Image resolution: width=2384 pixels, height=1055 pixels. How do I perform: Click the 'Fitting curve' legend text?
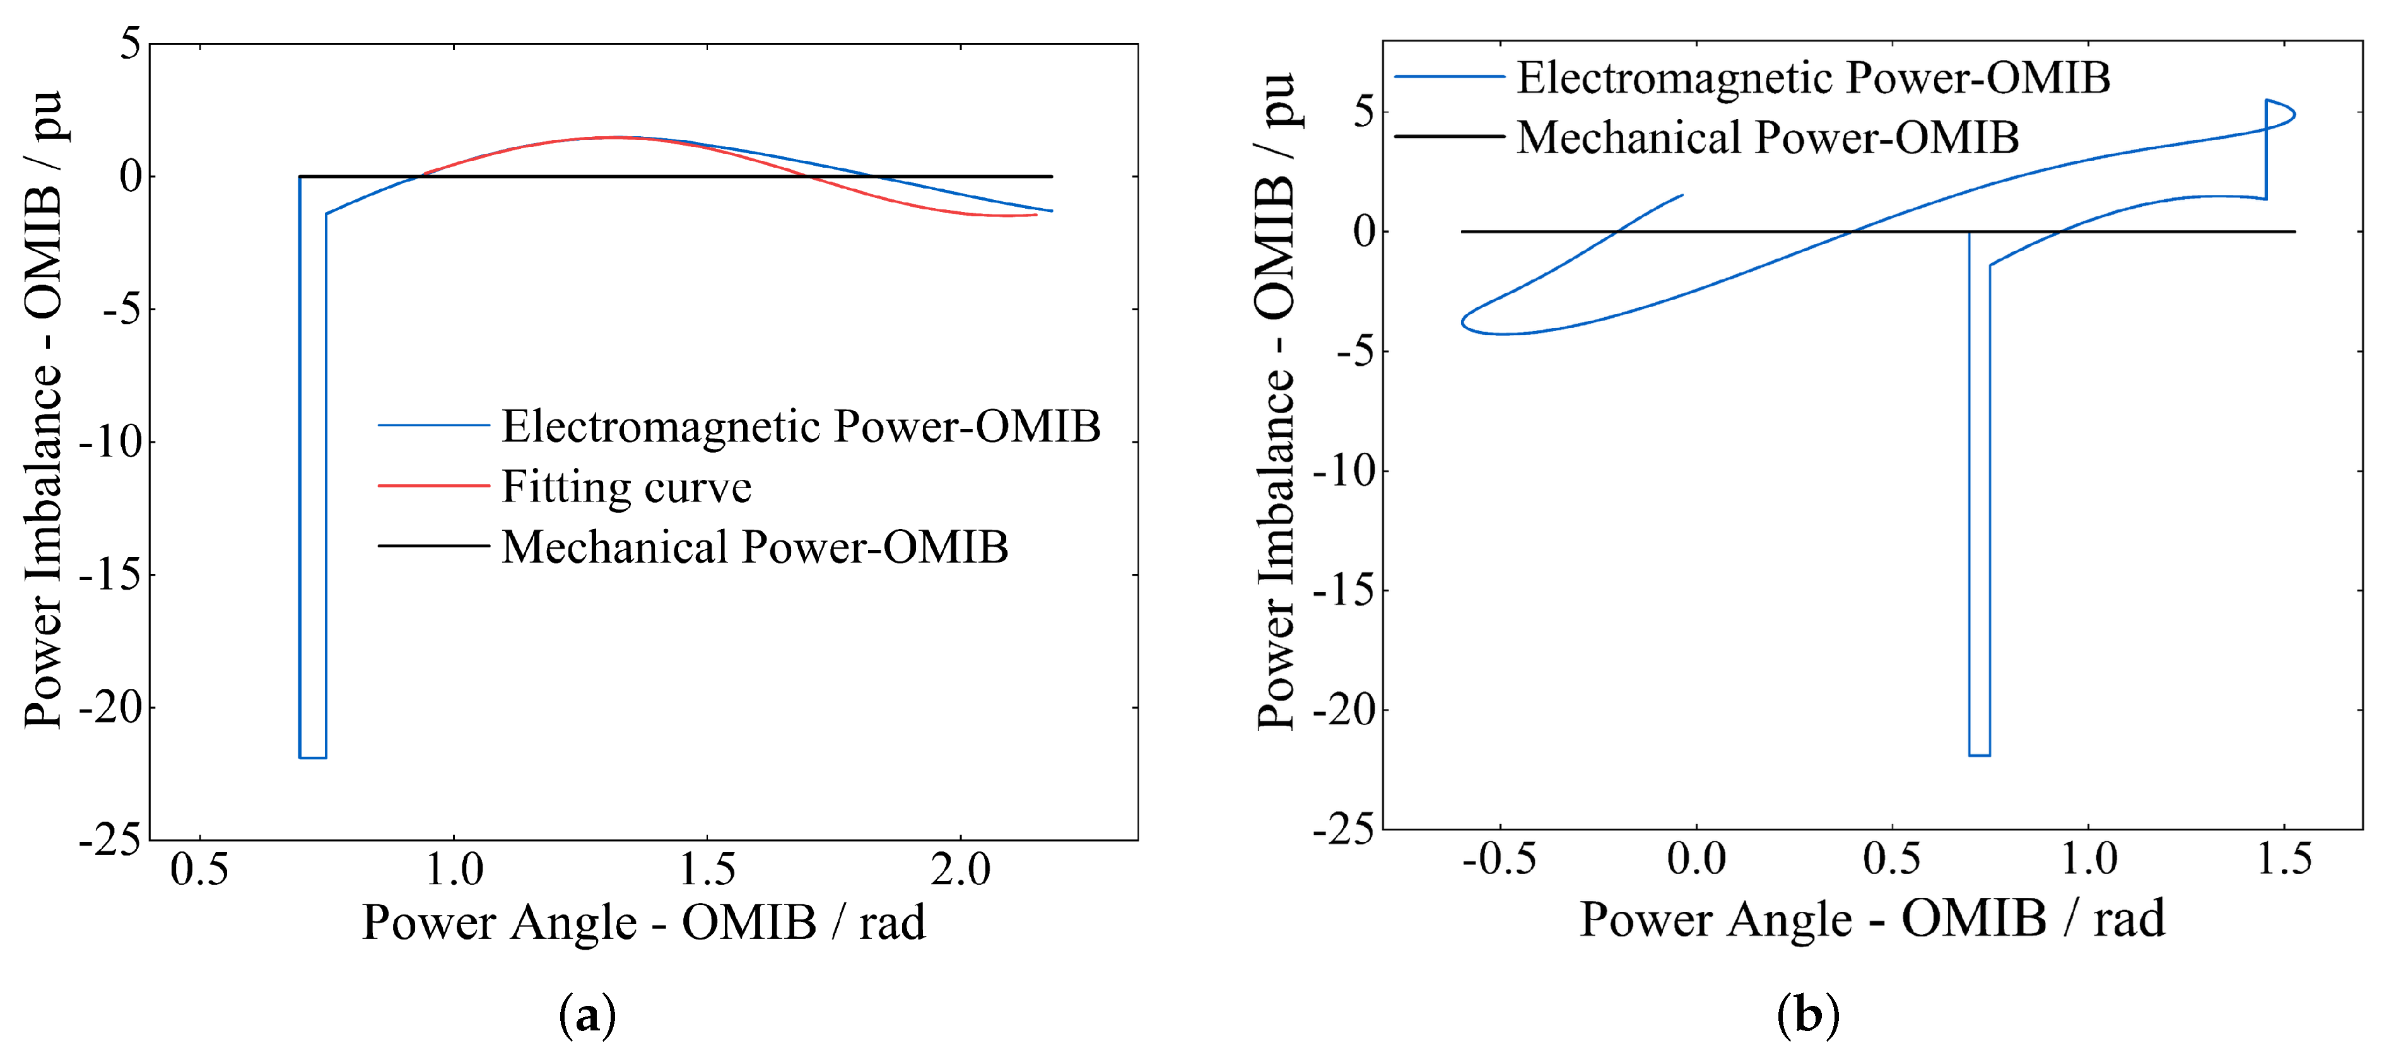[x=626, y=487]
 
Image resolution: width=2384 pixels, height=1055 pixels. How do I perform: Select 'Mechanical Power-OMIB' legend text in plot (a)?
[x=755, y=546]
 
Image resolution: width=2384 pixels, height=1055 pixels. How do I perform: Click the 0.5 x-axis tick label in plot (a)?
[x=199, y=868]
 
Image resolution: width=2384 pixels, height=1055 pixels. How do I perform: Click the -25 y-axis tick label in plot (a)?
[x=109, y=839]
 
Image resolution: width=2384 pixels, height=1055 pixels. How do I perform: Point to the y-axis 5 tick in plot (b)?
[x=1364, y=113]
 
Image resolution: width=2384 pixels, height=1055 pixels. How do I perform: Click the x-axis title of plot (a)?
[x=643, y=922]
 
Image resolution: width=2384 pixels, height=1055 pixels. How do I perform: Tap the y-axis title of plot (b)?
[x=1276, y=402]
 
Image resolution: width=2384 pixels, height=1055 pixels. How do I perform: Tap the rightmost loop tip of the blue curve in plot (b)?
[x=2294, y=115]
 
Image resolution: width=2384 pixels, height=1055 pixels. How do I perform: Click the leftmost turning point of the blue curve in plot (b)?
[x=1462, y=323]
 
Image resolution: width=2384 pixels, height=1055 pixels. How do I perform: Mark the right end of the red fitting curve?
[x=1036, y=214]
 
